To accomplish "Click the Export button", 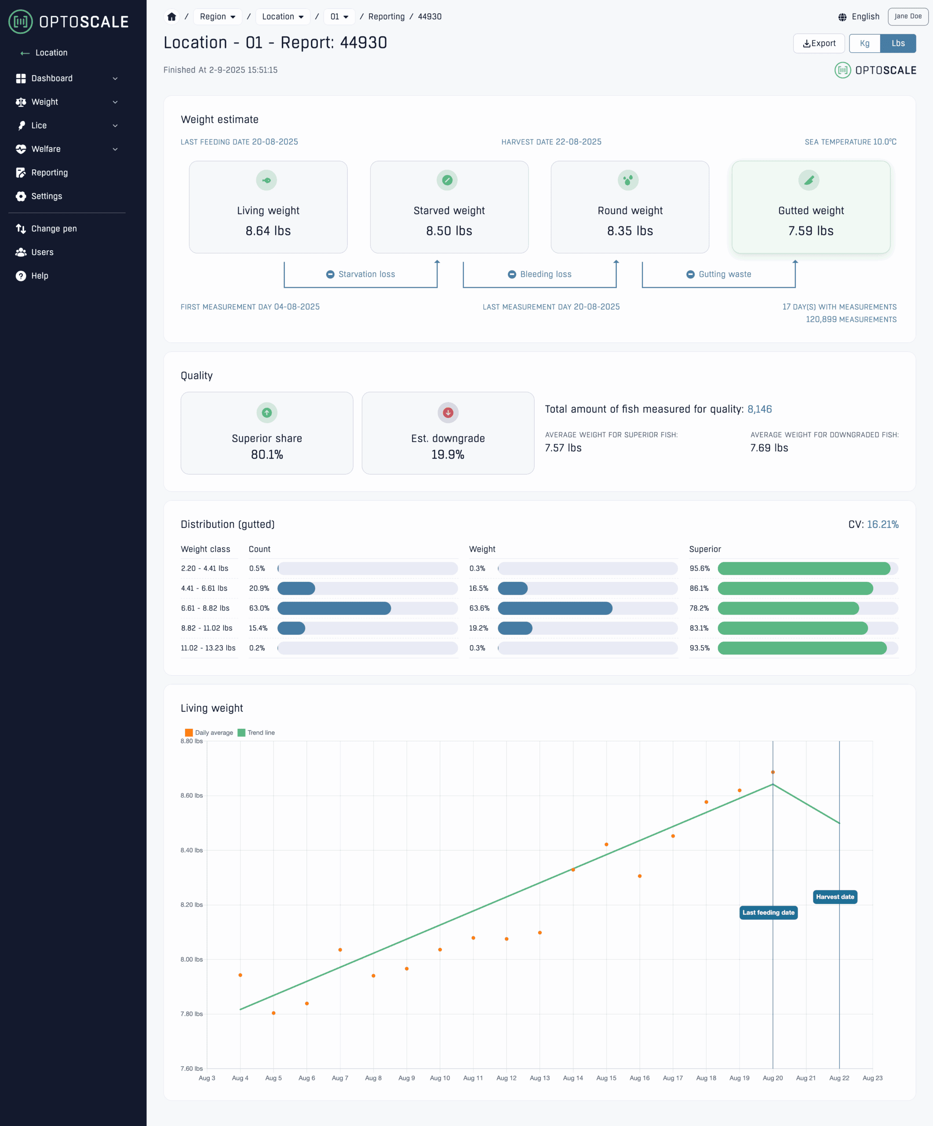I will coord(818,44).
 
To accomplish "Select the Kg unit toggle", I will coord(864,44).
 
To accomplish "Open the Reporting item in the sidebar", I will coord(49,173).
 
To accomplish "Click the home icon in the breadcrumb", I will coord(171,17).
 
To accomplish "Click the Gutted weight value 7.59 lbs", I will coord(810,230).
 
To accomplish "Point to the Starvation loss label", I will coord(367,274).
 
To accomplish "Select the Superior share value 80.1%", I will coord(267,454).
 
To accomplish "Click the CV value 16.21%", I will coord(882,524).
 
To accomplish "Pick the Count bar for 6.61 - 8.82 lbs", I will coord(335,608).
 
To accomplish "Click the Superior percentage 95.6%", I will coord(700,568).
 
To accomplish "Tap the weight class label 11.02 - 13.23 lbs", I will coord(208,648).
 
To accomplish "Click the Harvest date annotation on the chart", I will coord(835,896).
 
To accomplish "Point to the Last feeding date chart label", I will coord(768,913).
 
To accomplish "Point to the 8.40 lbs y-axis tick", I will coord(191,850).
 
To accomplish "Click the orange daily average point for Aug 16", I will coord(639,876).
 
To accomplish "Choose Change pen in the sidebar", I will coord(54,228).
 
